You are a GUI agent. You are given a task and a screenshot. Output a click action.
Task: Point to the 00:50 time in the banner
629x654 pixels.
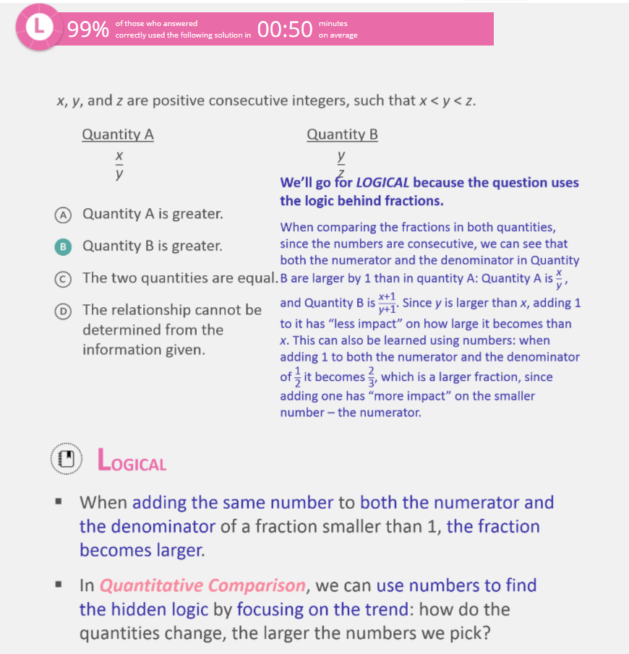coord(284,29)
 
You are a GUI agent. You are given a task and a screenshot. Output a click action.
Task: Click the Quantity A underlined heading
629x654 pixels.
coord(118,134)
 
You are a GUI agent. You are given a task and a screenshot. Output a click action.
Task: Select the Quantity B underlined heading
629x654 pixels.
coord(342,134)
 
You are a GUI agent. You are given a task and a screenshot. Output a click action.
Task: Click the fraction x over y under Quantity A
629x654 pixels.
coord(119,165)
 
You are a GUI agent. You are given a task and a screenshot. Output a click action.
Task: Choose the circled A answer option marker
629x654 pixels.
coord(64,214)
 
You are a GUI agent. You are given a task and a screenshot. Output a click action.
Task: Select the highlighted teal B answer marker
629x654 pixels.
coord(64,246)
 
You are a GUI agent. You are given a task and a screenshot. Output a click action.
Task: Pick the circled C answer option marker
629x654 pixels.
coord(64,277)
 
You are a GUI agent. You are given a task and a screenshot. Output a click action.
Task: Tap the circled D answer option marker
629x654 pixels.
coord(64,310)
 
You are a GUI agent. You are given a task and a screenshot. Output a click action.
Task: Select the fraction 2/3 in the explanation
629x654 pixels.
coord(372,377)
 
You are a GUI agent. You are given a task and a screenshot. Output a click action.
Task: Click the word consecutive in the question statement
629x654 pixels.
coord(249,100)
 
